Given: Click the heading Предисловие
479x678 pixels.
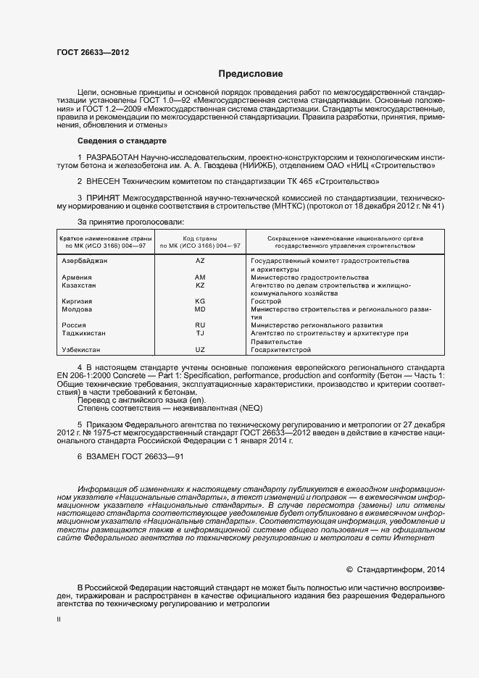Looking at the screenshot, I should click(x=251, y=74).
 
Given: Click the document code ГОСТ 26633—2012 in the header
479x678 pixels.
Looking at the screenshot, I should click(x=93, y=52).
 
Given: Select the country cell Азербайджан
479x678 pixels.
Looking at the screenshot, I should click(x=85, y=260).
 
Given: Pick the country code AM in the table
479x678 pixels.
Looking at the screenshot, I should click(x=201, y=277).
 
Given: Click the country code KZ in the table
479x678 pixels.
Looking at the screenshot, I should click(x=201, y=285).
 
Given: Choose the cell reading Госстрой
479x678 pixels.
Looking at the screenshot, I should click(x=266, y=301).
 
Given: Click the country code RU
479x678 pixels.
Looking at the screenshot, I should click(x=201, y=325).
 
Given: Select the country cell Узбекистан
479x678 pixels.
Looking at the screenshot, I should click(x=81, y=350).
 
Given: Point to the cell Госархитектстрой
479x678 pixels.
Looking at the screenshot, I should click(x=280, y=350).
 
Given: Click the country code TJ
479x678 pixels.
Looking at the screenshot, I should click(x=201, y=333).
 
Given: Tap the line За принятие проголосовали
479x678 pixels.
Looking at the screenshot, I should click(x=130, y=222).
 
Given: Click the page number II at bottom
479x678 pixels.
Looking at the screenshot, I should click(x=59, y=620).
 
